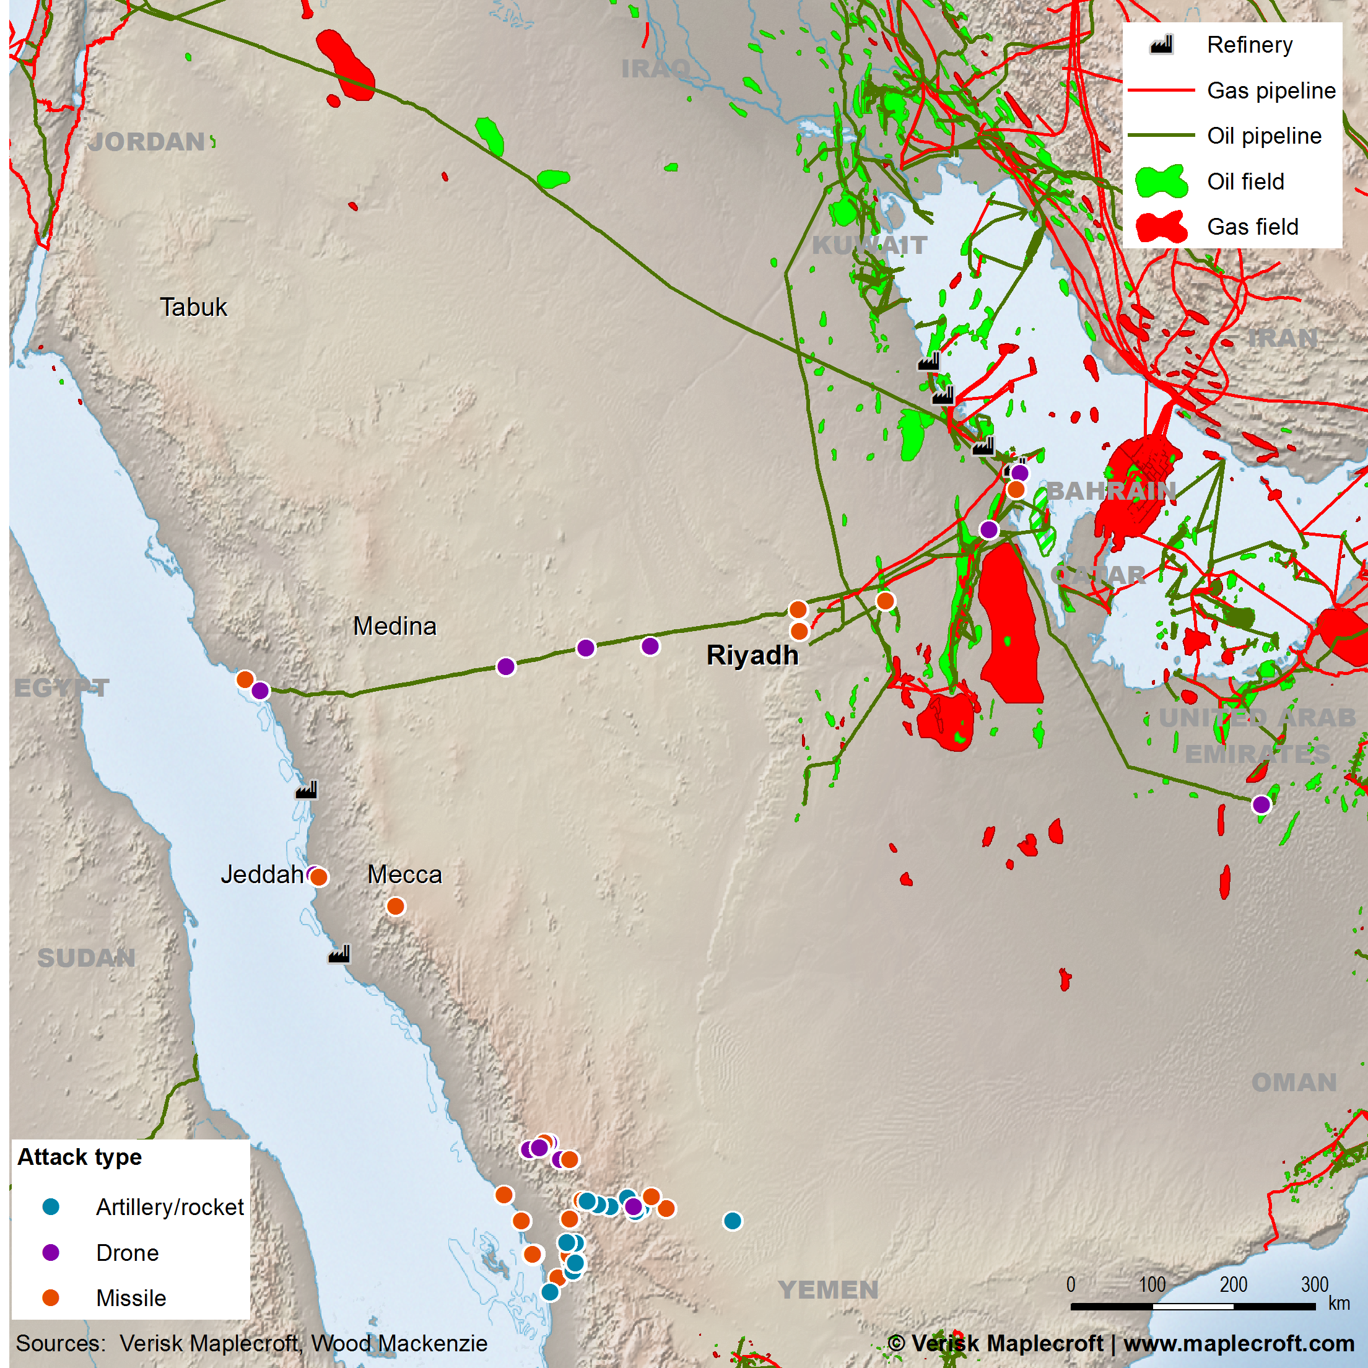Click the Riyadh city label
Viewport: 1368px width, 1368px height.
tap(752, 655)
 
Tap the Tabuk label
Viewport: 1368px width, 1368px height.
tap(193, 307)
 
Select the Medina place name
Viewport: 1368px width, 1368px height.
tap(394, 626)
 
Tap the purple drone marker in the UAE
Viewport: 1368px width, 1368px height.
tap(1261, 804)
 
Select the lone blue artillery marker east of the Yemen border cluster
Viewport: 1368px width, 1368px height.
tap(733, 1221)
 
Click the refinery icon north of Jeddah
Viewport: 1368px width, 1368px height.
tap(306, 790)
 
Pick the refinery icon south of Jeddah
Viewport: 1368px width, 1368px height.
tap(339, 954)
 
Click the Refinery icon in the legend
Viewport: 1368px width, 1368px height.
tap(1161, 45)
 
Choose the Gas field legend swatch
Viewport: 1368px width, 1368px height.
tap(1161, 227)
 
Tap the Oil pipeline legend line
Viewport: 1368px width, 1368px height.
tap(1161, 135)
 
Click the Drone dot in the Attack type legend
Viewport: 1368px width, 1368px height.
tap(51, 1252)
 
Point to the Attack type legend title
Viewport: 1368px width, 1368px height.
tap(79, 1157)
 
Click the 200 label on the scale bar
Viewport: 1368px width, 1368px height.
tap(1233, 1284)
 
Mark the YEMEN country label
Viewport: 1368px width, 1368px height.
tap(828, 1289)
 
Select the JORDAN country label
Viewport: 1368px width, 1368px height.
tap(147, 142)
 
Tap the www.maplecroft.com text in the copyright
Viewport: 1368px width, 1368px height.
tap(1239, 1343)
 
